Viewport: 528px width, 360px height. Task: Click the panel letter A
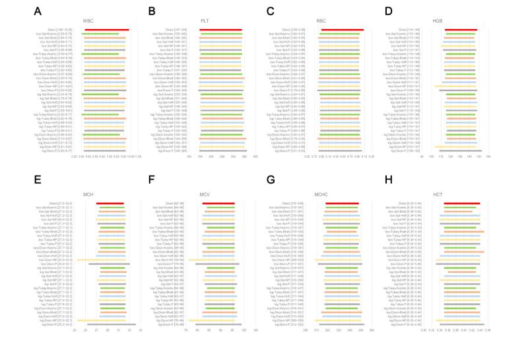tap(38, 11)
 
